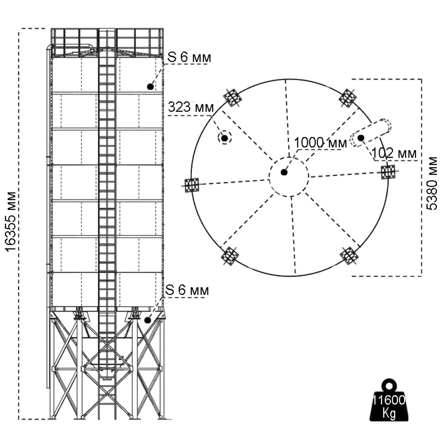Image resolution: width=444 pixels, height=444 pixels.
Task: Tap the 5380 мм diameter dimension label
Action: [431, 182]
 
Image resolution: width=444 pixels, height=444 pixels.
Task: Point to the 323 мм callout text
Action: [190, 107]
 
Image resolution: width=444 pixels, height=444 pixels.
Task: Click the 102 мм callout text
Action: [395, 154]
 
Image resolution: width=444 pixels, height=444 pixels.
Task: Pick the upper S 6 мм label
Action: [189, 58]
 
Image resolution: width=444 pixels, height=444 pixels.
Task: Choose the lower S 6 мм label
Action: [187, 290]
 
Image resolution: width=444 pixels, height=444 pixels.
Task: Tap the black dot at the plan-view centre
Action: [284, 172]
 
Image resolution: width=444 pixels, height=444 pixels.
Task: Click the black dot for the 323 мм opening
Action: [225, 139]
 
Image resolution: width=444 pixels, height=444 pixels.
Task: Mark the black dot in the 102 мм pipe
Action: [361, 138]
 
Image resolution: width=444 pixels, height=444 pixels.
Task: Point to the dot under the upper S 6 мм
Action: [151, 87]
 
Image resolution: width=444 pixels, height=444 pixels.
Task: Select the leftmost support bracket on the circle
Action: [192, 185]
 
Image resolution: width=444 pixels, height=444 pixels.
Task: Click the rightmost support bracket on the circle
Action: [388, 172]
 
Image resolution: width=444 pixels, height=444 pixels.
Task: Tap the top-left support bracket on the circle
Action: [232, 98]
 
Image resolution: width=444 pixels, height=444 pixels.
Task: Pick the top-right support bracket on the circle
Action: [348, 98]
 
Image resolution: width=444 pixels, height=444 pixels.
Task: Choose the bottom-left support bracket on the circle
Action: [230, 256]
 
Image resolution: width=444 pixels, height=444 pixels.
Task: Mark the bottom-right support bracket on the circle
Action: [349, 256]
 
